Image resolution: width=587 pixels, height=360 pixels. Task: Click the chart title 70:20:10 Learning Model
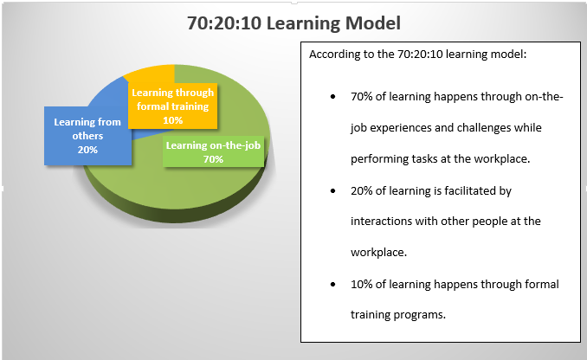(294, 22)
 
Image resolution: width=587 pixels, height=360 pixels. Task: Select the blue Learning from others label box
(86, 136)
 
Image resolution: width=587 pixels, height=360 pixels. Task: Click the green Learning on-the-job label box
(212, 151)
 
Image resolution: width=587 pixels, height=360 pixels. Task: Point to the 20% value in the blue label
(87, 150)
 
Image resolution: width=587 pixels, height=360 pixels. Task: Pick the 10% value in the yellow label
(172, 119)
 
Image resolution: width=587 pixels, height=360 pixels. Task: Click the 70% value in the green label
(213, 159)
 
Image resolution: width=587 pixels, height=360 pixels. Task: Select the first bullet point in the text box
(333, 96)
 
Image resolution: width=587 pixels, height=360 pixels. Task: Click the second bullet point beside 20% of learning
(333, 190)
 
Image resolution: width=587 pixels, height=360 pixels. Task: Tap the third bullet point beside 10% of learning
(333, 284)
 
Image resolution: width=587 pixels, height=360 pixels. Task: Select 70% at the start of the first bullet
(362, 96)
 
